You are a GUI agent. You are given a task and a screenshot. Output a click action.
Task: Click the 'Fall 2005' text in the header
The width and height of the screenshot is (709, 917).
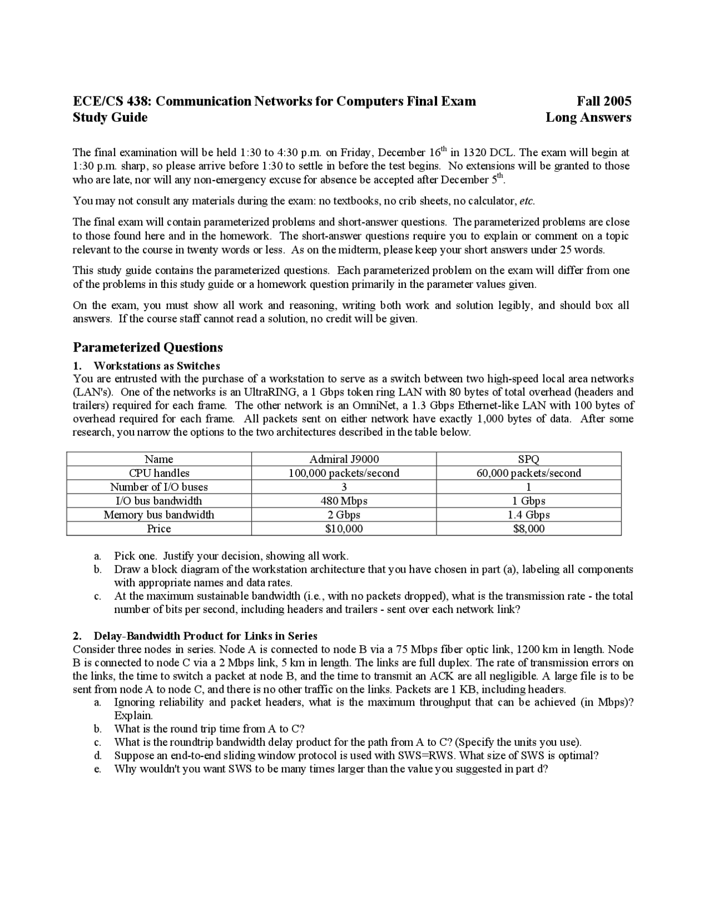604,101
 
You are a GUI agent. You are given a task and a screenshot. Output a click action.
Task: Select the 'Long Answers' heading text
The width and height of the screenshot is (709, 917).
588,117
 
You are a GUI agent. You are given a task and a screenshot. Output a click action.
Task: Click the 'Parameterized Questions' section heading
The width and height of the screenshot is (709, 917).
148,348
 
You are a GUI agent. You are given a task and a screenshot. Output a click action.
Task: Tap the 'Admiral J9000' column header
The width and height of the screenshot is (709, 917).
344,459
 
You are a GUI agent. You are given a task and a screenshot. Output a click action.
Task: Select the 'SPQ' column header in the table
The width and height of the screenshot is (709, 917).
528,459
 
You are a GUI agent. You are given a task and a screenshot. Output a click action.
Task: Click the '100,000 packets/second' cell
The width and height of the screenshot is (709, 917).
344,473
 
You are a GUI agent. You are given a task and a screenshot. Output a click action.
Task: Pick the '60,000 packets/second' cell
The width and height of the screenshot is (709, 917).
528,473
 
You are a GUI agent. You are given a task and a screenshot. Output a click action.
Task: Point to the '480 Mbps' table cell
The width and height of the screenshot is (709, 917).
344,501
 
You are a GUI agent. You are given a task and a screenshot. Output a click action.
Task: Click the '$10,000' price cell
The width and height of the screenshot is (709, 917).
344,528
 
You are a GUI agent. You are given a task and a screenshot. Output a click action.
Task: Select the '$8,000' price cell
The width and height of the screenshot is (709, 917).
528,528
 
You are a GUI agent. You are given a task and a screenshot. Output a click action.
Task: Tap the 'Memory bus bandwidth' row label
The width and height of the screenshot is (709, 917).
159,514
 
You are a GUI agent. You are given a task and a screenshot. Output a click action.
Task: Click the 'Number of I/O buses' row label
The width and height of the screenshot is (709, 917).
159,487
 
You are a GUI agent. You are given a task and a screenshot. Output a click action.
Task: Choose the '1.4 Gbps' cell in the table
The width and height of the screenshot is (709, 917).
528,514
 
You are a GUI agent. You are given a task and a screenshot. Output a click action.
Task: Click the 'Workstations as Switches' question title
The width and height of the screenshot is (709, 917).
157,366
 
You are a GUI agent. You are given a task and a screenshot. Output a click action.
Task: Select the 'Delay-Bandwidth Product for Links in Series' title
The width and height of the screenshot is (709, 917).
205,636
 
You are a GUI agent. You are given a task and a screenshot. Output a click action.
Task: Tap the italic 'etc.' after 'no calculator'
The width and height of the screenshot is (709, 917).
527,201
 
